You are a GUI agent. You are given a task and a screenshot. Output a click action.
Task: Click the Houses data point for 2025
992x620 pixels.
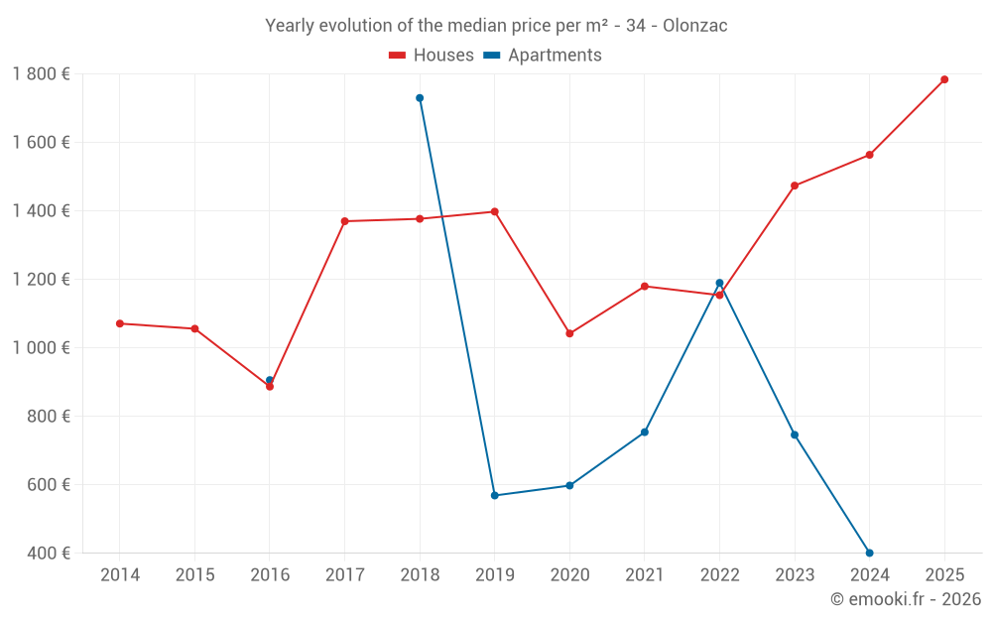(x=944, y=79)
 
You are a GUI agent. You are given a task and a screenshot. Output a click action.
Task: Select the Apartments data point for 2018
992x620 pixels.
(x=420, y=98)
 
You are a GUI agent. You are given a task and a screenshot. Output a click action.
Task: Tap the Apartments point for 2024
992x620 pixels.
(x=870, y=553)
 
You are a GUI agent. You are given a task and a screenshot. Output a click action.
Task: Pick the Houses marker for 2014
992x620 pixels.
(x=120, y=323)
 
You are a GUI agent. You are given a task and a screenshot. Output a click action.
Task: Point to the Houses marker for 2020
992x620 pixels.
(x=569, y=333)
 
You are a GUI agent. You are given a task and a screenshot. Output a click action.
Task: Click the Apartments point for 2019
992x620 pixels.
(x=494, y=495)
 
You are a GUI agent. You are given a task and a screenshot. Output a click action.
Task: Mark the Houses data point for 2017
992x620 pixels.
(x=344, y=221)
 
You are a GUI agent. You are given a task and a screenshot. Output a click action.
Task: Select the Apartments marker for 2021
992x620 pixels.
(x=645, y=433)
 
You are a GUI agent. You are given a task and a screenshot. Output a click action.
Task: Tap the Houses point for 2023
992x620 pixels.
(x=795, y=186)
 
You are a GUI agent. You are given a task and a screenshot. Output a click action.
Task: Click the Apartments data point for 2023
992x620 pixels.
(x=795, y=434)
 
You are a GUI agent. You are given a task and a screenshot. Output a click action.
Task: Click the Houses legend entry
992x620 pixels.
(x=432, y=56)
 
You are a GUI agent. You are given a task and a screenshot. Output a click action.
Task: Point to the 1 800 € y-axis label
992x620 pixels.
(x=41, y=74)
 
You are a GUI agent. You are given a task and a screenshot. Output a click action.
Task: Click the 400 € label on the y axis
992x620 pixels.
(x=48, y=553)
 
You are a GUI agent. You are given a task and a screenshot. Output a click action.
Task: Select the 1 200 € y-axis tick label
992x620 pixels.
(x=41, y=280)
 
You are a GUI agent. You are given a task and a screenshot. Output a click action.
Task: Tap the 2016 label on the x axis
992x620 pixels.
(x=270, y=575)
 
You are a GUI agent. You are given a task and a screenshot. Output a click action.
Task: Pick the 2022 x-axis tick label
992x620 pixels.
(x=719, y=575)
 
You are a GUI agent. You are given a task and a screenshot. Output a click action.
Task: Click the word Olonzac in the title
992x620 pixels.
(x=695, y=26)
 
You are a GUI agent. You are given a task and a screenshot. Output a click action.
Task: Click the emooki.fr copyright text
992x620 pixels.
(x=905, y=599)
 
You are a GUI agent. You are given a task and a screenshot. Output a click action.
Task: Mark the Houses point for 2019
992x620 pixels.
(x=494, y=211)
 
